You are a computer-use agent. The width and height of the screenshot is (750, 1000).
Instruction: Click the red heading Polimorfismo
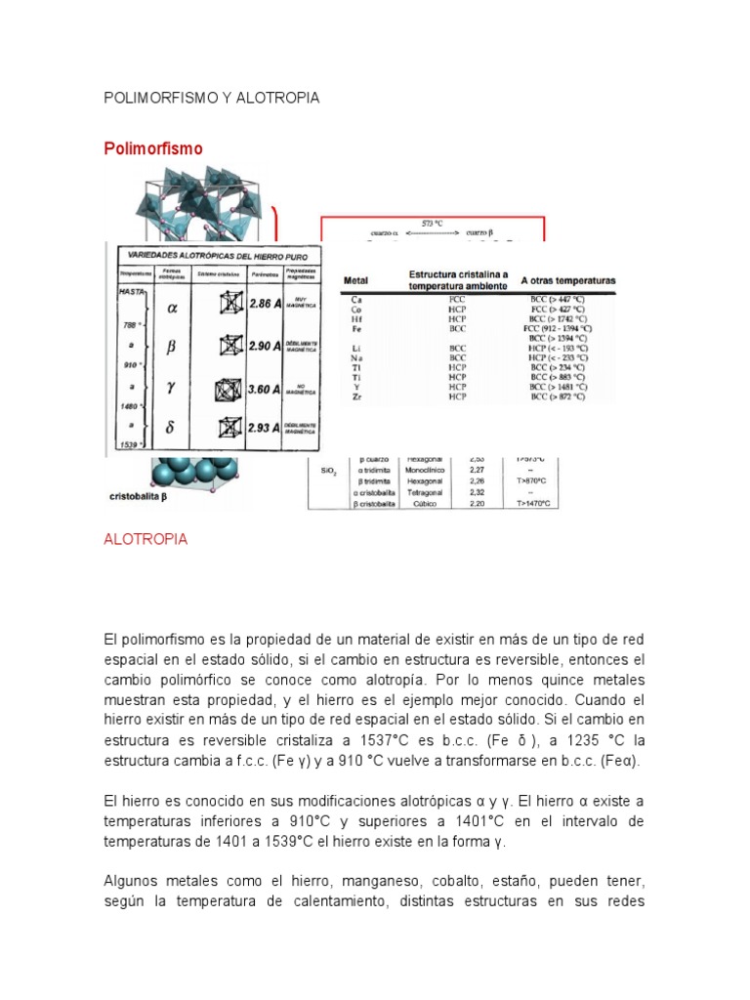153,148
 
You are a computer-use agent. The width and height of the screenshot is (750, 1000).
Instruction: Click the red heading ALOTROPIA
146,540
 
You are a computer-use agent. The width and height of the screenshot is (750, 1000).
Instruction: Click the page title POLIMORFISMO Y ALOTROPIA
212,99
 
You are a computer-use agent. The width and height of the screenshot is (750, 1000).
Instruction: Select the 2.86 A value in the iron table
264,305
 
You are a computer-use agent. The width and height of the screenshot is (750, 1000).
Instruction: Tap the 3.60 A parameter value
264,389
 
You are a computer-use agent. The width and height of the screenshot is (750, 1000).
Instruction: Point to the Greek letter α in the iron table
173,307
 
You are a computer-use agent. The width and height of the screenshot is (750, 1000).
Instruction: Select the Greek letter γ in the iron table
172,387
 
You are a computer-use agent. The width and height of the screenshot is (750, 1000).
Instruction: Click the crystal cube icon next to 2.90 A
230,346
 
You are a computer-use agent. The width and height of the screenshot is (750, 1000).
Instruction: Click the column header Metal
356,281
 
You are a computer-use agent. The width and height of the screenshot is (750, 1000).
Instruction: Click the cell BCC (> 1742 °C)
558,318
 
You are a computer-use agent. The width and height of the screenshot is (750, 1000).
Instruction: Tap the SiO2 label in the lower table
329,471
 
